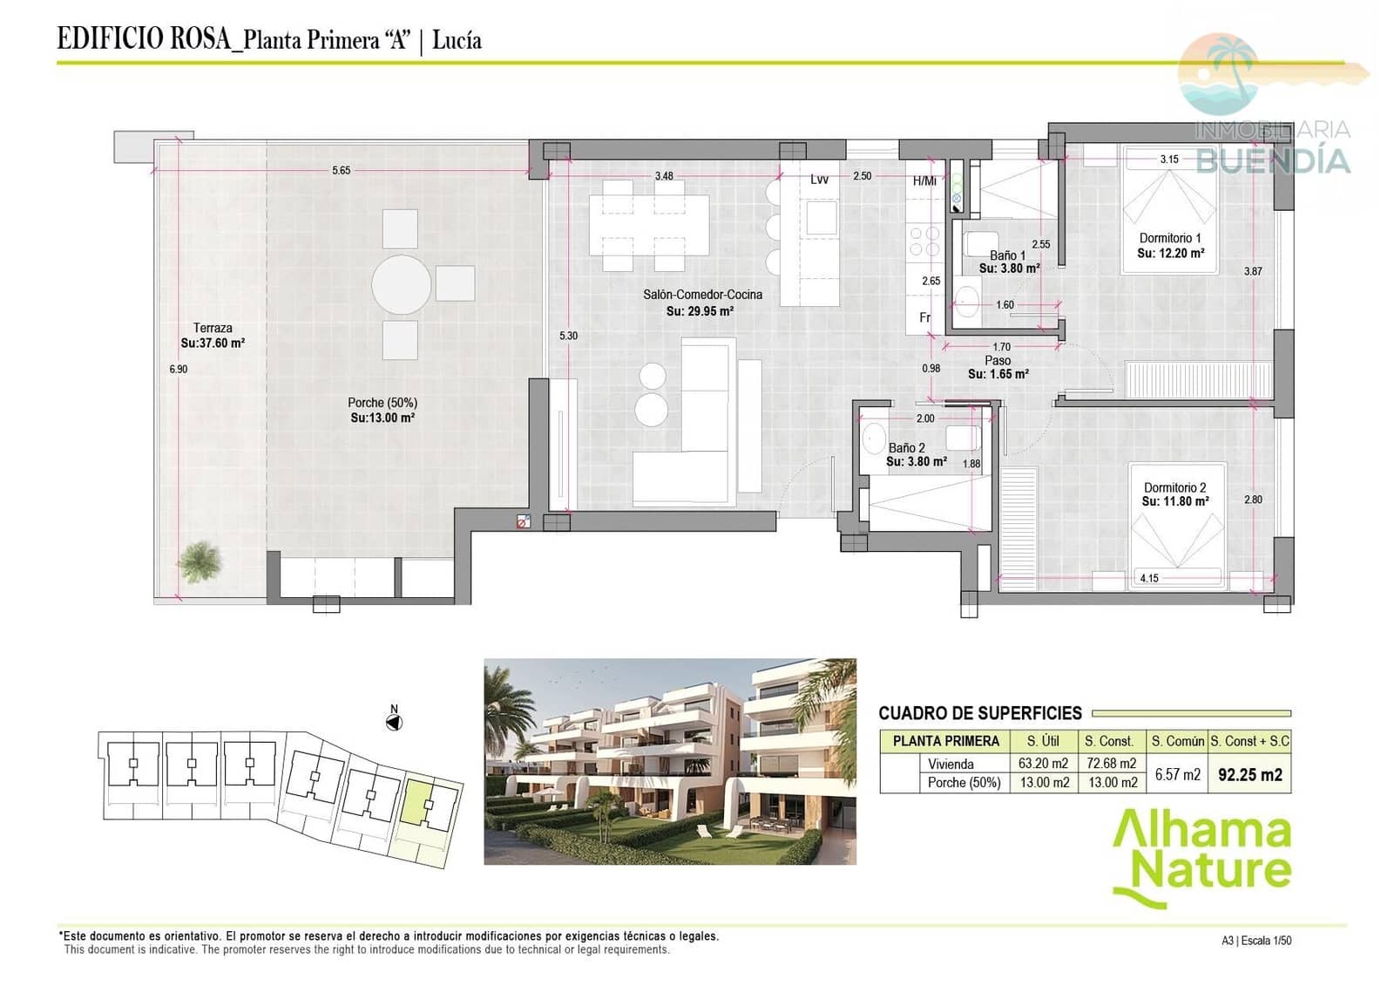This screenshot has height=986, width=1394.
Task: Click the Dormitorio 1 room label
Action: tap(1170, 238)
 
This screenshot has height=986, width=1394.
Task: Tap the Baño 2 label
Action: tap(906, 448)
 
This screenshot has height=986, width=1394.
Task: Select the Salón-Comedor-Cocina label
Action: tap(702, 295)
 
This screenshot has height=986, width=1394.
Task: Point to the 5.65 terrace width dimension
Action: tap(341, 170)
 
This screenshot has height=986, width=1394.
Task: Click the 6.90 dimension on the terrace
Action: tap(178, 369)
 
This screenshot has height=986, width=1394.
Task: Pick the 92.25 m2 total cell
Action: tap(1250, 774)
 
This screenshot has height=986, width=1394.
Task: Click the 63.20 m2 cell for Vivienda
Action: tap(1044, 763)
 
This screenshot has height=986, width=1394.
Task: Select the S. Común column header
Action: tap(1177, 741)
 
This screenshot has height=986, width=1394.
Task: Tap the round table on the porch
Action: tap(402, 285)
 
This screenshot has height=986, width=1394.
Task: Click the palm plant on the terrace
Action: tap(200, 561)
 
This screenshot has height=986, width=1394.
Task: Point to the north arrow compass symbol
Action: tap(394, 723)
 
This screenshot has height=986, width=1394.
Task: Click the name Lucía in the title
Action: tap(457, 40)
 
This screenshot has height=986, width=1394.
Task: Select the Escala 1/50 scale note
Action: tap(1267, 941)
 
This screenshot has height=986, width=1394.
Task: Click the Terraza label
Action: tap(213, 328)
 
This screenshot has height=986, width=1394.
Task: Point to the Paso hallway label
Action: tap(998, 361)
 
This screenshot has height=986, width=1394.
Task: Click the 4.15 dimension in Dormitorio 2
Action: tap(1149, 578)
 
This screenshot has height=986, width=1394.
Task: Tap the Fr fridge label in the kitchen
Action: tap(925, 317)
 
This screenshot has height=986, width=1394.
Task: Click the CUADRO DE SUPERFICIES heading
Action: tap(980, 713)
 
